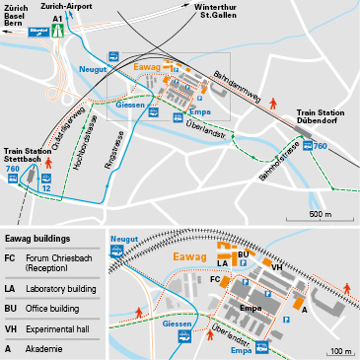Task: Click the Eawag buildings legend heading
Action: click(37, 240)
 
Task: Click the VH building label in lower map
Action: click(277, 266)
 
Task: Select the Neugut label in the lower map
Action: click(125, 239)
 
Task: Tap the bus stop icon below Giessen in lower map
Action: click(183, 336)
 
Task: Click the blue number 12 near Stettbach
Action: click(46, 187)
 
